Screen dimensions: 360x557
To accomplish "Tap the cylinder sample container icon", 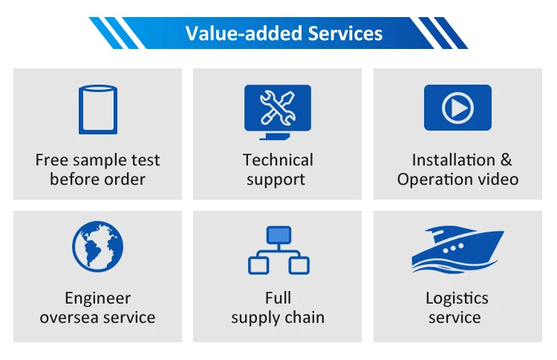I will [98, 109].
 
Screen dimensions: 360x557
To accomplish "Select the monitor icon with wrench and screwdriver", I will [278, 111].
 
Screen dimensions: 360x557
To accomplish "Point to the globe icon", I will [98, 248].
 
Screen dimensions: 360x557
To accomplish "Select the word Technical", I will [278, 160].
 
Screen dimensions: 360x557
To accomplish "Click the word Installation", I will [453, 160].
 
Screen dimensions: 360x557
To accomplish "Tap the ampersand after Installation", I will [506, 160].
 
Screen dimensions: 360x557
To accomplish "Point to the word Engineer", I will [98, 298].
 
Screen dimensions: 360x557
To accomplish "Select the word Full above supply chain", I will [278, 298].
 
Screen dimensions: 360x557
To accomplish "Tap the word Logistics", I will [457, 298].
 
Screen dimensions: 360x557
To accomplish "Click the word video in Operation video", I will [498, 180].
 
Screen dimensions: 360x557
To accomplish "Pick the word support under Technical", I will [276, 180].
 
